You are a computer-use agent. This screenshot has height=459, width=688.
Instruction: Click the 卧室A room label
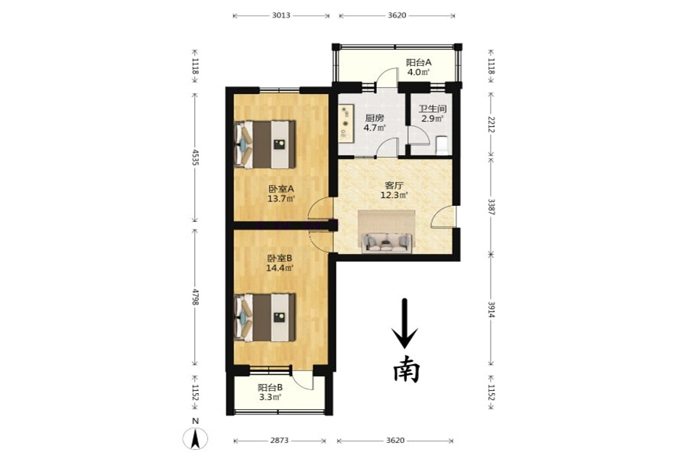click(x=281, y=189)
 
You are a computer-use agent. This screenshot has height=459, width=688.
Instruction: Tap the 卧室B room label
click(x=280, y=259)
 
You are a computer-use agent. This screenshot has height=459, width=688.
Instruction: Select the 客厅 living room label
click(x=394, y=186)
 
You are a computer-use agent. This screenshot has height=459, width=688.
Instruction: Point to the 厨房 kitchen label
click(x=375, y=118)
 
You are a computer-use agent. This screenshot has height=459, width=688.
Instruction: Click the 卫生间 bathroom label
click(x=433, y=109)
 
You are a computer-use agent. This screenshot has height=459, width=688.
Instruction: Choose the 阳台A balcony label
click(x=419, y=63)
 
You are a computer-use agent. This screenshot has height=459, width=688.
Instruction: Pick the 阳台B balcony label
click(x=270, y=388)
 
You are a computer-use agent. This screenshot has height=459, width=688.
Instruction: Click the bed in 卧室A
click(x=264, y=145)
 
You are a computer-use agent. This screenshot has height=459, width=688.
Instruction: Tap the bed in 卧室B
click(x=264, y=317)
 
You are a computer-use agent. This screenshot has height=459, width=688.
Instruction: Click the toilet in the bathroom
click(x=442, y=146)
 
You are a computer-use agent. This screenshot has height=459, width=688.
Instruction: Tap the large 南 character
click(x=406, y=369)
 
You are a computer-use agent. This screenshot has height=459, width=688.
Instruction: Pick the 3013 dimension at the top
click(x=281, y=15)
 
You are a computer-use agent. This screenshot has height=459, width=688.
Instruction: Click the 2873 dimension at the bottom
click(x=279, y=440)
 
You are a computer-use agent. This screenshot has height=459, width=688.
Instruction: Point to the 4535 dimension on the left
click(x=195, y=158)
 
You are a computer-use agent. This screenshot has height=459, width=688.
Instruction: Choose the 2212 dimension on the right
click(x=492, y=124)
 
